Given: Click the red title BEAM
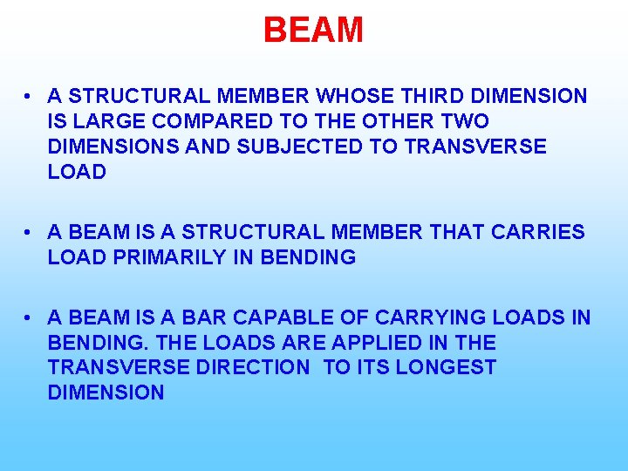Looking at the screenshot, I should tap(313, 31).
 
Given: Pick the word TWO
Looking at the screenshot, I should tap(466, 121).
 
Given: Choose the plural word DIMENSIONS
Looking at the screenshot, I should tap(113, 147).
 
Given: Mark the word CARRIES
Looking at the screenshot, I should tap(538, 232).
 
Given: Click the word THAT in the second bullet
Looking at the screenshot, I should tap(456, 232).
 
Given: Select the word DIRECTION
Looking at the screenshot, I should tap(252, 368).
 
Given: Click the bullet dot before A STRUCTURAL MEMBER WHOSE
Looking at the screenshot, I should tap(29, 96).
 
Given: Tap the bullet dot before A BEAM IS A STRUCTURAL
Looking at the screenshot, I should tap(29, 232).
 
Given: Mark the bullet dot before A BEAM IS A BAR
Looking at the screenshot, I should tap(29, 317).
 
